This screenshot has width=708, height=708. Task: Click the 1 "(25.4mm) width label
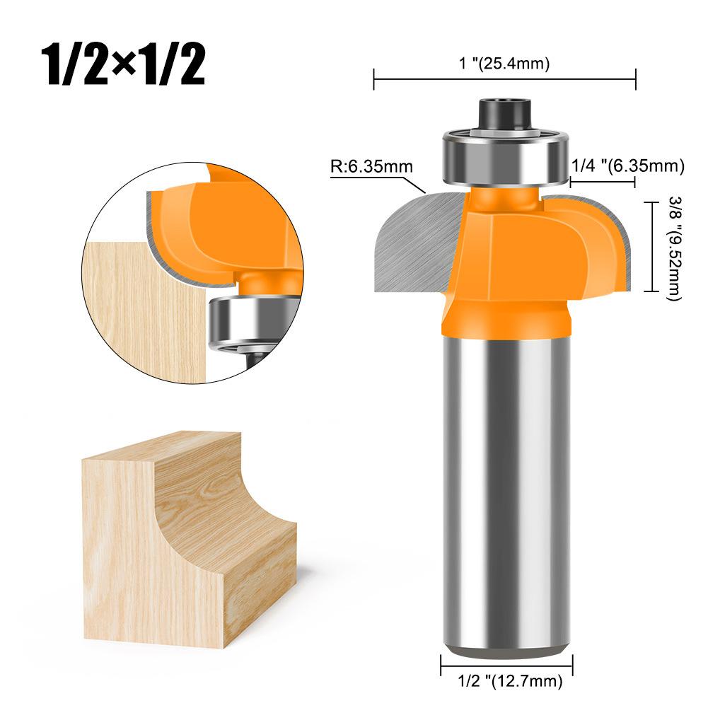tap(504, 64)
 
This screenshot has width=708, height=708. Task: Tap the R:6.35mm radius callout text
tap(371, 168)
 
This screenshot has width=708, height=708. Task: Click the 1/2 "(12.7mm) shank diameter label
tap(506, 682)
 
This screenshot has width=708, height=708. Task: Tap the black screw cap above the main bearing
tap(506, 113)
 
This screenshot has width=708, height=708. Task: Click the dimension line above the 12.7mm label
tap(506, 666)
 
